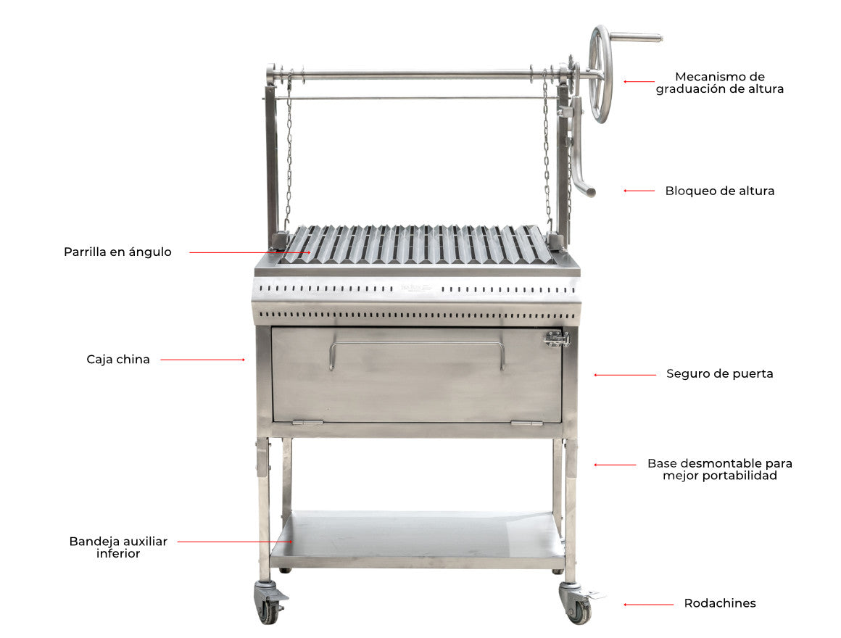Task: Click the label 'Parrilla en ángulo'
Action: (x=117, y=252)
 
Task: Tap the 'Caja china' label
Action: (x=118, y=359)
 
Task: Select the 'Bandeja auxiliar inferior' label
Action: (x=118, y=547)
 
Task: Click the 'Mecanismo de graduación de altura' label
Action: (x=720, y=83)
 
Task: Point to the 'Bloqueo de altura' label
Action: (x=720, y=191)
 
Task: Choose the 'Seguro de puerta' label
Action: (x=720, y=373)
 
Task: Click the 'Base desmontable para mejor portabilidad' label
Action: (x=720, y=469)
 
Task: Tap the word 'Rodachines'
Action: (x=720, y=603)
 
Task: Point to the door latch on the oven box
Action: (x=558, y=339)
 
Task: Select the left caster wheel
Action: (x=269, y=604)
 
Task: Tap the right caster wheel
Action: (x=578, y=604)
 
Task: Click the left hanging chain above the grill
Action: (x=289, y=150)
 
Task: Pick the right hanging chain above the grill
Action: (x=547, y=150)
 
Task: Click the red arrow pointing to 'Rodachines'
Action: (x=648, y=605)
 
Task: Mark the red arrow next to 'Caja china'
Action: (x=203, y=360)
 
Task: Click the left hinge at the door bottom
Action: (x=307, y=423)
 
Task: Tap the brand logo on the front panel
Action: (x=416, y=289)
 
